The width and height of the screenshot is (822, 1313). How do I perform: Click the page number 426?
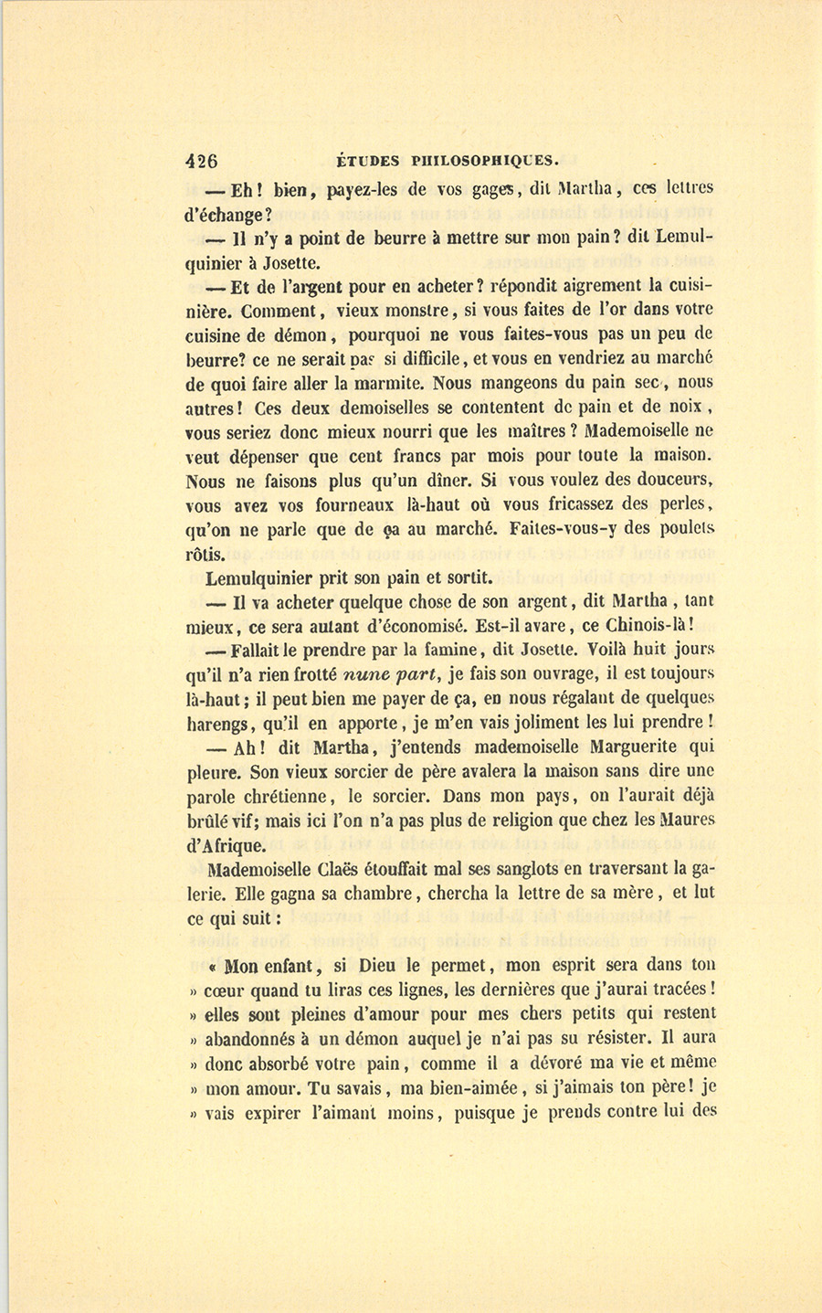coord(202,160)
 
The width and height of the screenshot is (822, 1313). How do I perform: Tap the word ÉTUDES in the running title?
coord(368,160)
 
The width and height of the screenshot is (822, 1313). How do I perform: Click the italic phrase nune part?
coord(383,675)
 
